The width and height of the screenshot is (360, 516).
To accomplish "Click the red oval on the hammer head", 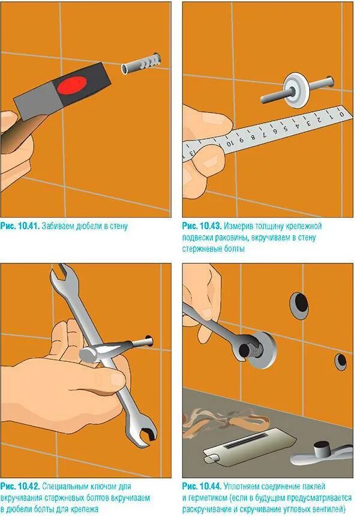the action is click(x=72, y=85).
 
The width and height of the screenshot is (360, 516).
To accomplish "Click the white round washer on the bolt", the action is click(x=297, y=90).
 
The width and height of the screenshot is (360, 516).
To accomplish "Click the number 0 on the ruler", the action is click(x=341, y=115).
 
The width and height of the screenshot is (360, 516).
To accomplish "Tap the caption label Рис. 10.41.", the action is click(x=20, y=226).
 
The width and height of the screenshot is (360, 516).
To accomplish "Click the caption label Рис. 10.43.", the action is click(x=202, y=226).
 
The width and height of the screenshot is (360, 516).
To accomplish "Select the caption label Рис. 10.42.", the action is click(x=20, y=486).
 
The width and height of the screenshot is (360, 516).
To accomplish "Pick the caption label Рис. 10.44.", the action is click(x=202, y=486).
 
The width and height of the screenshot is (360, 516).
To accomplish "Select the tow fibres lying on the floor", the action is click(x=227, y=423).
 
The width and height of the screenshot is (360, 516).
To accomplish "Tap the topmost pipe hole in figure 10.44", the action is click(x=299, y=303).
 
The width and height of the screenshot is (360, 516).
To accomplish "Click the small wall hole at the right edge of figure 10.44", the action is click(x=341, y=361).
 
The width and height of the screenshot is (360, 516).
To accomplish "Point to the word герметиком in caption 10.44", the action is click(x=207, y=497).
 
